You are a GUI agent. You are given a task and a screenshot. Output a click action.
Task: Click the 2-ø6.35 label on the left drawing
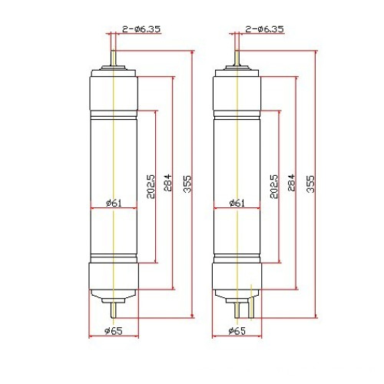(x=140, y=29)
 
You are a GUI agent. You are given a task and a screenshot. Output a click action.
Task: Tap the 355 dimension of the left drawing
(x=187, y=185)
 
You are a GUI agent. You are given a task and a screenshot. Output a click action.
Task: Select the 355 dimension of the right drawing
(x=310, y=185)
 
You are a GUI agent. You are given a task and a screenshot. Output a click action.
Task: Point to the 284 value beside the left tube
(x=167, y=185)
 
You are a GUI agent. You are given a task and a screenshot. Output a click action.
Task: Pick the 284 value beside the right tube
(x=291, y=185)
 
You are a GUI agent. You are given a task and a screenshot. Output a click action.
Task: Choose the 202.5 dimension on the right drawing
(x=274, y=185)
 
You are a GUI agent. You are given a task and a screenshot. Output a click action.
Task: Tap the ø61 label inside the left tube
(x=113, y=203)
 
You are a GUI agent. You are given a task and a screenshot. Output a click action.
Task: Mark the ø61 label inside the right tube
(x=237, y=203)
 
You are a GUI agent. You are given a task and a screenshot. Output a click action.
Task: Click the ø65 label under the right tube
(x=237, y=331)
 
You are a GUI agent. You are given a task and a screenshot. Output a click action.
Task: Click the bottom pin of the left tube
(x=113, y=307)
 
